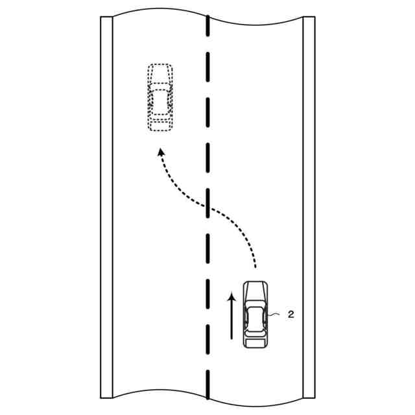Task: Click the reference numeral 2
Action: [291, 314]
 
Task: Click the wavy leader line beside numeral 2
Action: [276, 316]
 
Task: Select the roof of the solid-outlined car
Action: [254, 318]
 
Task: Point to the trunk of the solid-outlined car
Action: [254, 341]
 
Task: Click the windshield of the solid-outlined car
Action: [254, 304]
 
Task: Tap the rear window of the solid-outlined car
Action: [254, 331]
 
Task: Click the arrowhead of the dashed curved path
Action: [159, 152]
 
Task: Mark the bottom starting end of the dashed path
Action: [255, 266]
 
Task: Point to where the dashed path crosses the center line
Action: [207, 208]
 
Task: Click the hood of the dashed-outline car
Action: [160, 73]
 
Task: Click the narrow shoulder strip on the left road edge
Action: [107, 207]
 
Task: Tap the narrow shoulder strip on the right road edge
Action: [309, 207]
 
